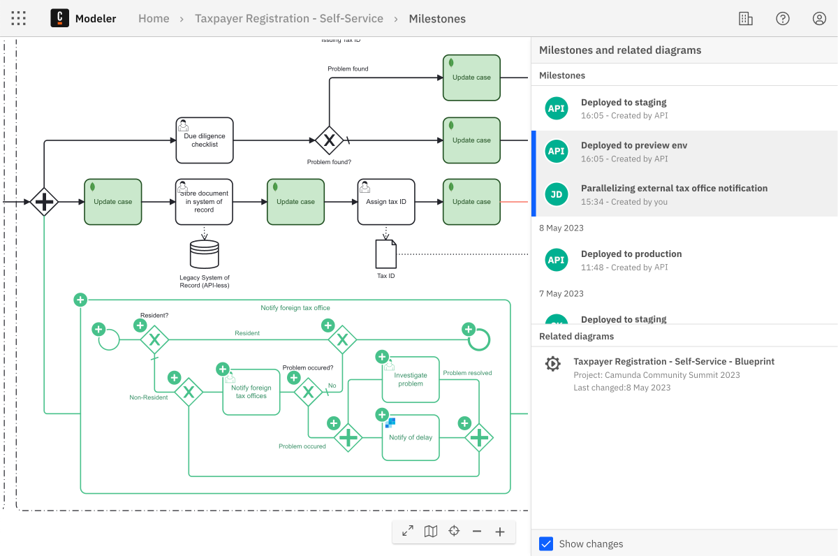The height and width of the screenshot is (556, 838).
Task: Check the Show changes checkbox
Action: coord(546,543)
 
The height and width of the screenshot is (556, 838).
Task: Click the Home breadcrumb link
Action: coord(154,19)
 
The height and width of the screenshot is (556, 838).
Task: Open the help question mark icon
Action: coord(783,19)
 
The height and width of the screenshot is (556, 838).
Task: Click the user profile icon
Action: coord(819,19)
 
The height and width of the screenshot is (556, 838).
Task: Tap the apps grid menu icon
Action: coord(19,19)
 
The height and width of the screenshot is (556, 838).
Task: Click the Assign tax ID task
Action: coord(386,202)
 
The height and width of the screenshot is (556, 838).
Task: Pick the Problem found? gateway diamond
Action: coord(329,140)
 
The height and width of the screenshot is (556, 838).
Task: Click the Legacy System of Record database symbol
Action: coord(205,255)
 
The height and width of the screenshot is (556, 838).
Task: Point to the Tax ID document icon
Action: coord(386,254)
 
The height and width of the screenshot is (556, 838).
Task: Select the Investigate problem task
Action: coord(411,379)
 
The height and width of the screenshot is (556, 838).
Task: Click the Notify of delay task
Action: coord(411,437)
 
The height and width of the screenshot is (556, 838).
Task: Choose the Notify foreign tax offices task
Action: coord(251,392)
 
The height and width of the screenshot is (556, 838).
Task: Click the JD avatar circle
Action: coord(557,195)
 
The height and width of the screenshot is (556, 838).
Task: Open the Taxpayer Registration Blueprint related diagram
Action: coord(673,362)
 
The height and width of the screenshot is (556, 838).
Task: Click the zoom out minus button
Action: coord(477,532)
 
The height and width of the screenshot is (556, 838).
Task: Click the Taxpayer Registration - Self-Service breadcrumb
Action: coord(289,19)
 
